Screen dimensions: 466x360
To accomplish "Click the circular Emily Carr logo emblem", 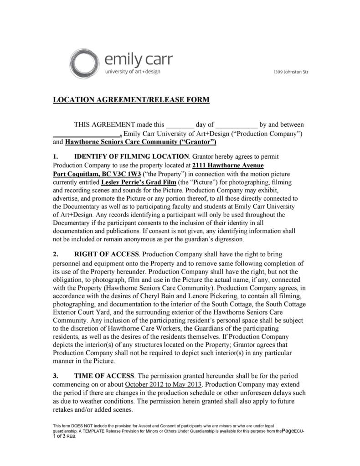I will click(x=85, y=64).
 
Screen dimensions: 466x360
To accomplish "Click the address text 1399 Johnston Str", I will click(x=291, y=72).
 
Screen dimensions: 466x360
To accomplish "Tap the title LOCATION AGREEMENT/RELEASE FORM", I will click(x=131, y=99).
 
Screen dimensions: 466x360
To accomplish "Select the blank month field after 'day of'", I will click(x=236, y=124).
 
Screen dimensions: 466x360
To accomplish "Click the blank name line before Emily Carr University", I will click(x=87, y=134).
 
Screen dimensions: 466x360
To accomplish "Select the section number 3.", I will click(x=55, y=376).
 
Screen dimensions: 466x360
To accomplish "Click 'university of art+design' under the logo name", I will click(x=133, y=72).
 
